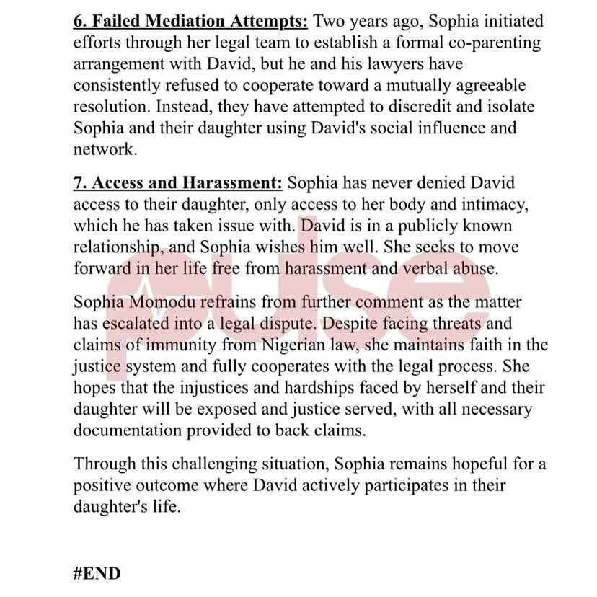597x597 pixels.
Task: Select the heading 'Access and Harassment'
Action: (x=177, y=183)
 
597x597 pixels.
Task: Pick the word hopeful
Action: (x=472, y=463)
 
